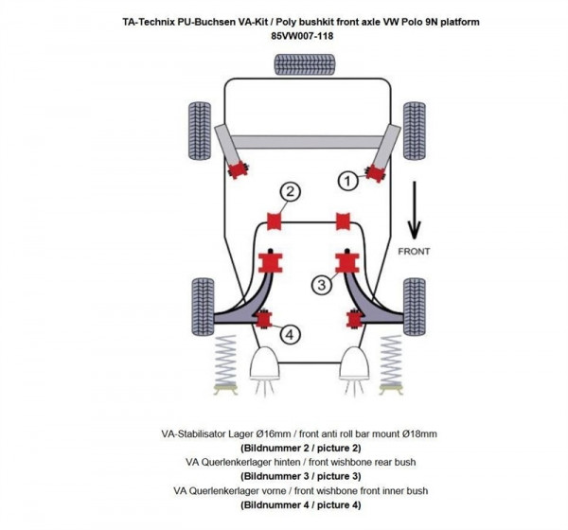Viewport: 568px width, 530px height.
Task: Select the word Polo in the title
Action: pyautogui.click(x=413, y=21)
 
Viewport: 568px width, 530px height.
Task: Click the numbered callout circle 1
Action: pyautogui.click(x=348, y=179)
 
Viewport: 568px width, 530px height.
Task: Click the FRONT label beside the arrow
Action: pyautogui.click(x=414, y=252)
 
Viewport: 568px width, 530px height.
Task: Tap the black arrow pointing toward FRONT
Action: pyautogui.click(x=414, y=213)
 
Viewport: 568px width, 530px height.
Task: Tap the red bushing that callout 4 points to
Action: pyautogui.click(x=264, y=319)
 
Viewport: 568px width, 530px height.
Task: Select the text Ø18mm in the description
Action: pyautogui.click(x=417, y=433)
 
